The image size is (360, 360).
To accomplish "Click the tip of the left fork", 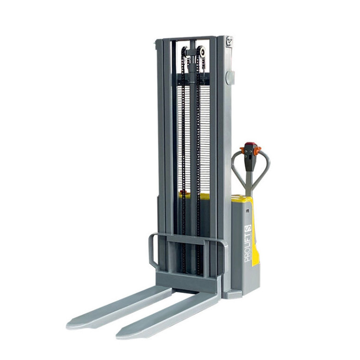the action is tap(67, 326).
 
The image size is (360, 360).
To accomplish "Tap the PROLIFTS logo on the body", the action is tap(248, 243).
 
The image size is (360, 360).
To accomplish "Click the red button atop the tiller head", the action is tap(250, 145).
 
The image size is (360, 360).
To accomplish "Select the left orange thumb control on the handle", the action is tap(242, 150).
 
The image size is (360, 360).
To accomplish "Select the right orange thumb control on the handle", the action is tap(257, 150).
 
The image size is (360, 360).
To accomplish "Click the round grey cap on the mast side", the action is tap(230, 77).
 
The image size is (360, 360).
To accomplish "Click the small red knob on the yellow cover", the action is tap(183, 192).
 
